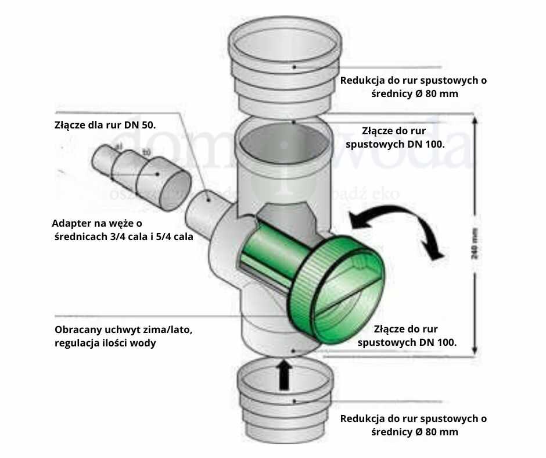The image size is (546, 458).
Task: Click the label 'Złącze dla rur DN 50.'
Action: (x=105, y=125)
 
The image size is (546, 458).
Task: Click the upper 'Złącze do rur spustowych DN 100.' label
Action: (x=395, y=137)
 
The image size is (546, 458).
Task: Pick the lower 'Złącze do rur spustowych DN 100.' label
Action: (x=407, y=335)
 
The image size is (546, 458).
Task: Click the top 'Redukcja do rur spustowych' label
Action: (x=413, y=80)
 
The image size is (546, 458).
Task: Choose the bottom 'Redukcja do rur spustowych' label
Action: (x=413, y=418)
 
